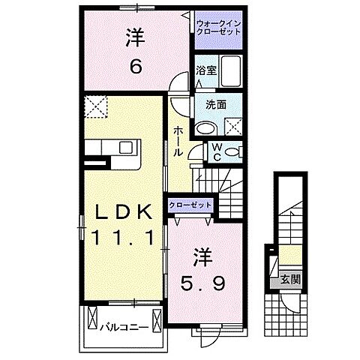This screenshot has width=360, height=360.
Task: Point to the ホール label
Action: click(178, 141)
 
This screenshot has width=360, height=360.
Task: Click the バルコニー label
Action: click(120, 327)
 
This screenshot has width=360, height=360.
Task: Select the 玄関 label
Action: click(289, 280)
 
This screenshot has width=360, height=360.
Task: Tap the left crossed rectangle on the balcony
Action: click(92, 318)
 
